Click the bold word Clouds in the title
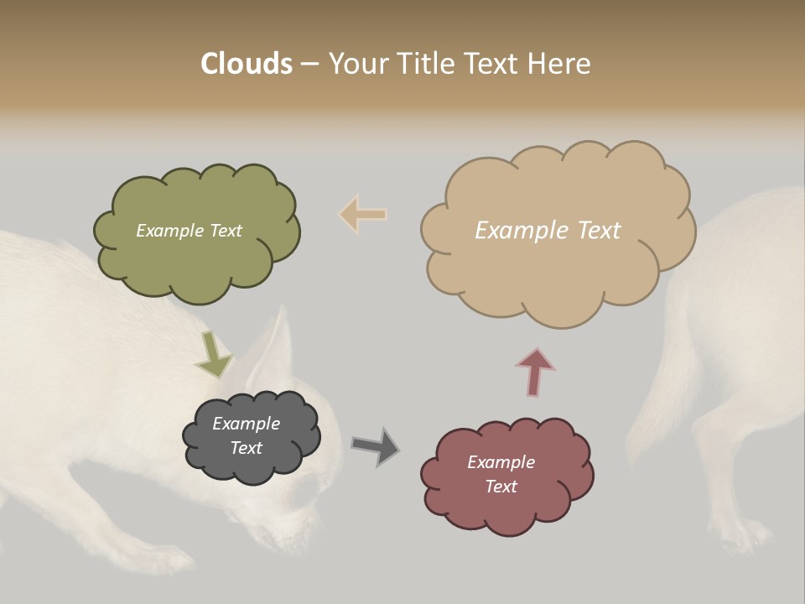246,64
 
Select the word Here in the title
562,64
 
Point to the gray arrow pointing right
375,445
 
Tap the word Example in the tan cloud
514,231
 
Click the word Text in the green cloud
226,231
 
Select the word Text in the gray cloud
247,448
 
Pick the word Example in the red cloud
501,462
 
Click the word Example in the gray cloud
247,424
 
